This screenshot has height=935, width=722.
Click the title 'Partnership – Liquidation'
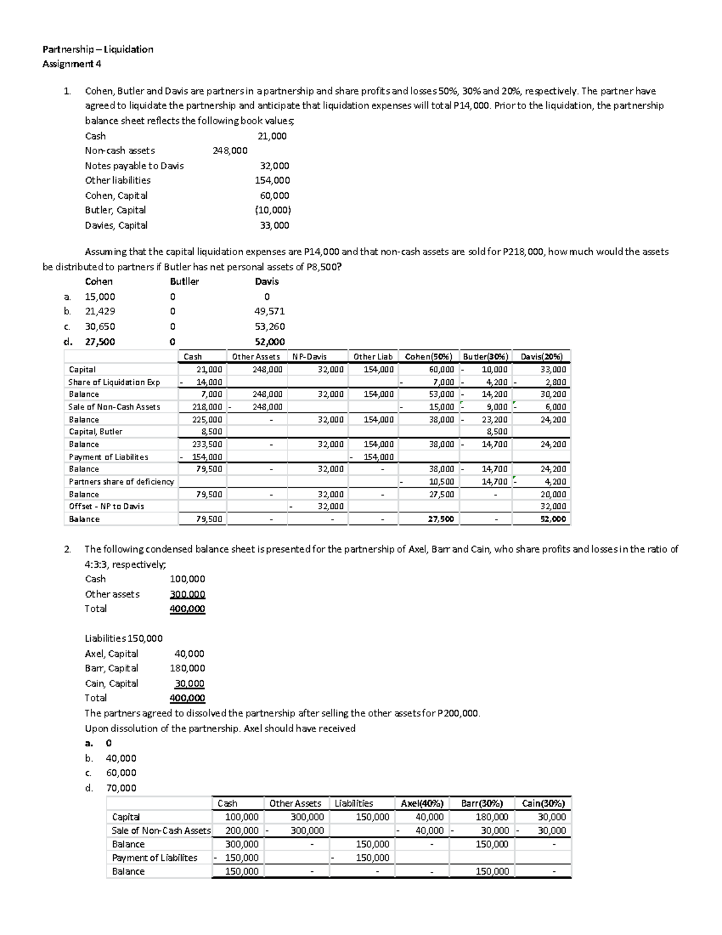click(x=97, y=49)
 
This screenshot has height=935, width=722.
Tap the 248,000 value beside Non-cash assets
click(x=230, y=151)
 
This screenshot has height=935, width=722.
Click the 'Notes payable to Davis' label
click(x=134, y=166)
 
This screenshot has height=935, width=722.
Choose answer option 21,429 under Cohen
click(x=100, y=311)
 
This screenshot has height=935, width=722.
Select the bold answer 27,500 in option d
click(x=100, y=341)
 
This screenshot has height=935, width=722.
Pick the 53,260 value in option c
click(x=270, y=326)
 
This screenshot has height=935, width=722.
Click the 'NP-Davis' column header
click(x=309, y=356)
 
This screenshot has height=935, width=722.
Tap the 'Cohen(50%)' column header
click(x=428, y=356)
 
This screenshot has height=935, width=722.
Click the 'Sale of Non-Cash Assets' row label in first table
click(x=114, y=407)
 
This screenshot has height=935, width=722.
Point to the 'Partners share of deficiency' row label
click(x=121, y=482)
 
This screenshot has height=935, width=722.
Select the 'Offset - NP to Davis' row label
click(x=106, y=506)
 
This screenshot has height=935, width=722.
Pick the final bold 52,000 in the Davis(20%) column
click(x=553, y=519)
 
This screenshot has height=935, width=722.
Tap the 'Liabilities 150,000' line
click(x=123, y=638)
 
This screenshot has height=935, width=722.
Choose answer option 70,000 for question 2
click(x=121, y=788)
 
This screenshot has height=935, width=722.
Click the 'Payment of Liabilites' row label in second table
click(x=155, y=858)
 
